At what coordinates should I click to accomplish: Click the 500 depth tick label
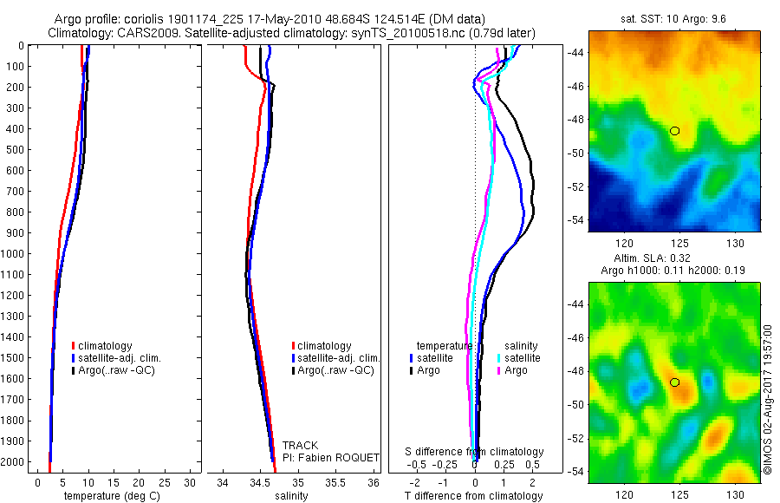pos(16,150)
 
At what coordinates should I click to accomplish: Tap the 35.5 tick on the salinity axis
pos(335,480)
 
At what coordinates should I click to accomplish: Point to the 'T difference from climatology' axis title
pos(475,496)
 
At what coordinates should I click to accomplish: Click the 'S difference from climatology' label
pos(475,452)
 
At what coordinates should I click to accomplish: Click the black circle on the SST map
pos(674,131)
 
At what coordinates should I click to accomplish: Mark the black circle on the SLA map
pos(674,382)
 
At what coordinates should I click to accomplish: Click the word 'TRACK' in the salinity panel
pos(300,446)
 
